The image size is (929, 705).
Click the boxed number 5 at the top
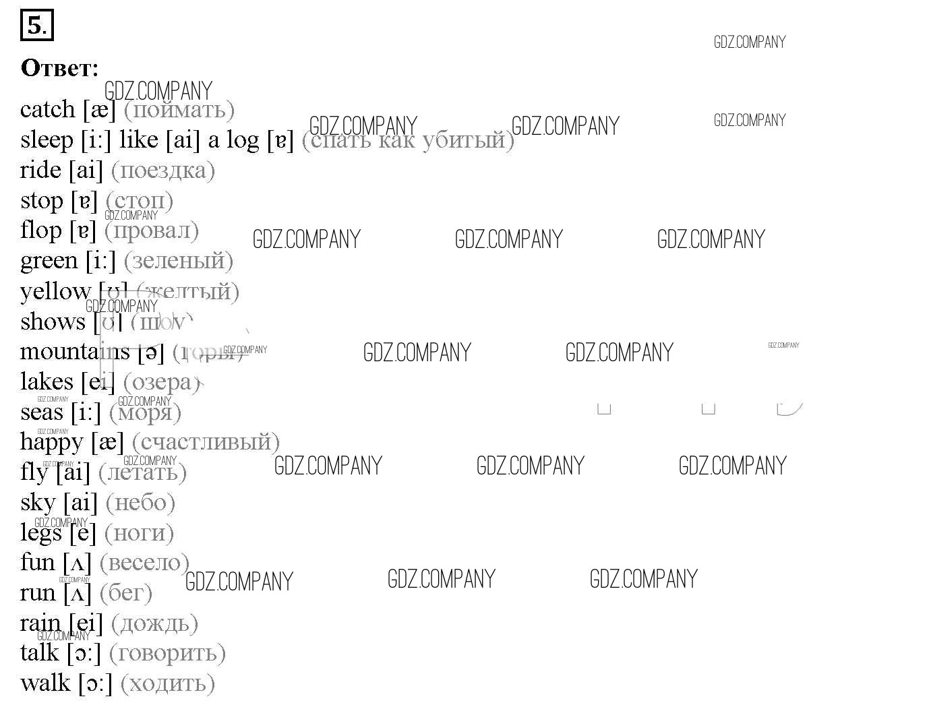(x=36, y=26)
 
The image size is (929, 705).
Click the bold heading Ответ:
(x=60, y=68)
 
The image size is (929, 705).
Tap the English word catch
(x=47, y=109)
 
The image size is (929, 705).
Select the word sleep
(x=47, y=140)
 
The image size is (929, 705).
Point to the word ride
(x=40, y=170)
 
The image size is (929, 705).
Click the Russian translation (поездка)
(x=162, y=171)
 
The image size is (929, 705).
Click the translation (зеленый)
(x=179, y=261)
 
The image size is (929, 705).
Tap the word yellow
(x=55, y=292)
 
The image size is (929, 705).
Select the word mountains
(x=74, y=352)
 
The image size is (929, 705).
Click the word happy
(x=51, y=442)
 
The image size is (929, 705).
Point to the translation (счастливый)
(x=206, y=442)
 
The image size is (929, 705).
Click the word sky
(x=38, y=503)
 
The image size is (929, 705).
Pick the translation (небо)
(x=140, y=503)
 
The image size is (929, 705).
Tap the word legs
(x=40, y=533)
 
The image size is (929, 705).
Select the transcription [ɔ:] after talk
(x=84, y=653)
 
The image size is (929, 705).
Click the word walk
(x=45, y=683)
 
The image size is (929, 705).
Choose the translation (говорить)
(x=167, y=653)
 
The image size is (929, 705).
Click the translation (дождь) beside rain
(x=154, y=623)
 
